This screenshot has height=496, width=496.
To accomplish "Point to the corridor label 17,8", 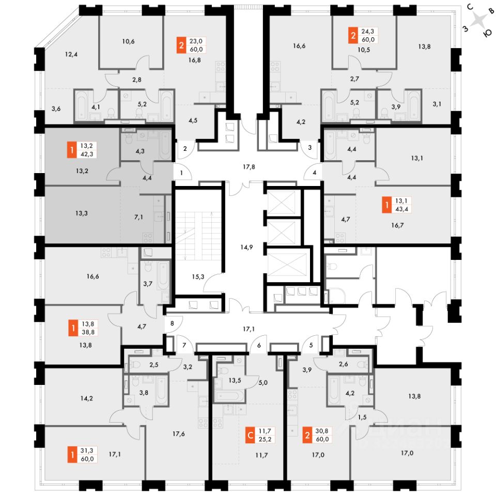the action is click(x=250, y=167).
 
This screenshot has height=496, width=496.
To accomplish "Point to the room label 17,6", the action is click(x=179, y=433).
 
